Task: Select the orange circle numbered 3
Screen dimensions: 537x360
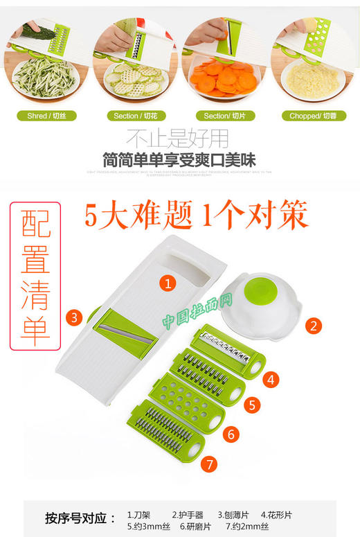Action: [x=75, y=317]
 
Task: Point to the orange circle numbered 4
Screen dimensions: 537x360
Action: [x=272, y=379]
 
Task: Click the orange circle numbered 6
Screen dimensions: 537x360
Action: [x=232, y=434]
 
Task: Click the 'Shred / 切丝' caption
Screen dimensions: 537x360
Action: [x=46, y=116]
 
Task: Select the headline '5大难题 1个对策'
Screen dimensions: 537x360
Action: [x=196, y=217]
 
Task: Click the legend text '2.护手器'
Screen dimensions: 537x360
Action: [x=188, y=515]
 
